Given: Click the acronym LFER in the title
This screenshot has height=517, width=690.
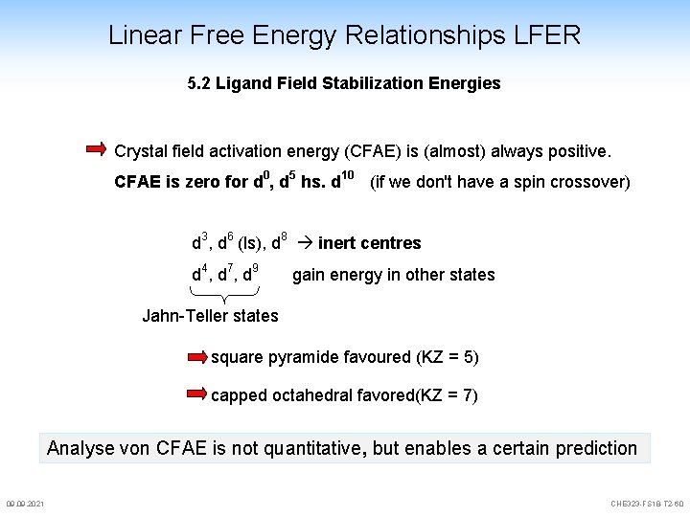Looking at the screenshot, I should pos(546,36).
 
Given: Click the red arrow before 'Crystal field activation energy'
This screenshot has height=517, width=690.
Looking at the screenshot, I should pos(97,149).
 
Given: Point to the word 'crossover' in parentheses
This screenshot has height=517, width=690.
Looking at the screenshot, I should pos(588,182).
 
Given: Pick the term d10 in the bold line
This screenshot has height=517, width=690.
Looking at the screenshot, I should pos(342,180).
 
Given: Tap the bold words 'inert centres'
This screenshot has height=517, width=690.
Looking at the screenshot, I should pos(369,243).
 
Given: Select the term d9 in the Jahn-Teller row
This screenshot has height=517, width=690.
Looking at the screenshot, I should pos(250,274).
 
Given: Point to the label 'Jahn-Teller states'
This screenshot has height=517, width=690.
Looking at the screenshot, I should pos(210,316).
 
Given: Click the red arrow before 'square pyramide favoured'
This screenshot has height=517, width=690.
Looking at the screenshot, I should pos(197,358).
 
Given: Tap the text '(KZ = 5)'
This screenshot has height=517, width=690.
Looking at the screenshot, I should pos(448,358).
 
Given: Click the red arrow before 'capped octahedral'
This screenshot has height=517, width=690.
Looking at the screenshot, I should pos(197,393).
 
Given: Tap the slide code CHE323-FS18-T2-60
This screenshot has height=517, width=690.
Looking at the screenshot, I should pos(647,504).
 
